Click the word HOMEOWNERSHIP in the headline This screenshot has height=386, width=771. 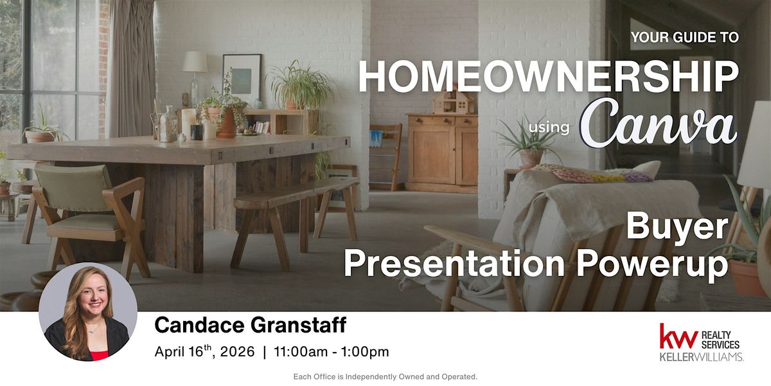click(x=549, y=77)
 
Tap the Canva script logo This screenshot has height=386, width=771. click(x=659, y=123)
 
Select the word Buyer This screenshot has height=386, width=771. click(x=677, y=226)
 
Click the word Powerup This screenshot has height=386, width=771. click(x=652, y=264)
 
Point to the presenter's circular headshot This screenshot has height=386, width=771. click(x=88, y=312)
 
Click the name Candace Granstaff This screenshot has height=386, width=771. click(x=251, y=325)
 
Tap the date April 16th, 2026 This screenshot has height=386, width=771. click(x=205, y=351)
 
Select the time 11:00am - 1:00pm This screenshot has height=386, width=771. click(x=332, y=352)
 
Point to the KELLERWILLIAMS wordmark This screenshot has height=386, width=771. click(x=701, y=356)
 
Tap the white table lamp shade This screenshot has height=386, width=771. click(x=195, y=62)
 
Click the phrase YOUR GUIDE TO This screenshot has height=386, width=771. click(x=685, y=37)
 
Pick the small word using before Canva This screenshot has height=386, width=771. click(x=549, y=127)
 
